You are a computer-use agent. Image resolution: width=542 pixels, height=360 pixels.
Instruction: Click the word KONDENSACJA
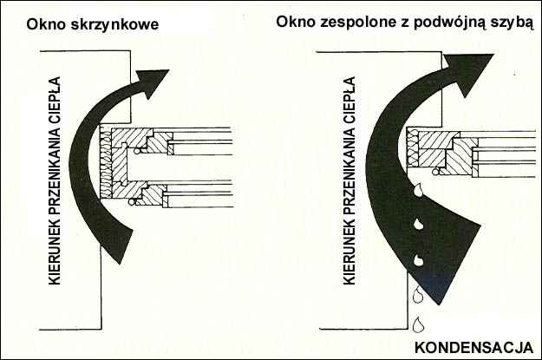473,348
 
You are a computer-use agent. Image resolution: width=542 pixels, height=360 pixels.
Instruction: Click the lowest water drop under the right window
418,325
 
